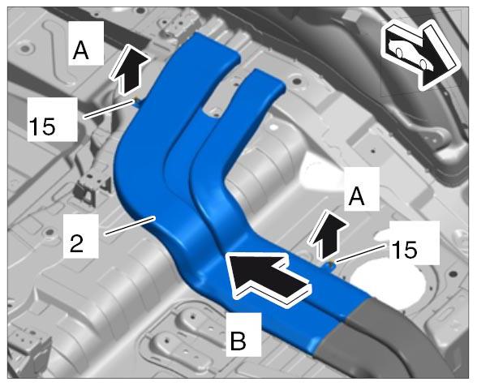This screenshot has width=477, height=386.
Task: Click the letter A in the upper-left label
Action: tap(81, 50)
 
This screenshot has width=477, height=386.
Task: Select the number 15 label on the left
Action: tap(42, 127)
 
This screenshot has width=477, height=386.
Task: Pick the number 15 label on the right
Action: tap(405, 250)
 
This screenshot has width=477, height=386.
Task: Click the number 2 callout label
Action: tap(76, 243)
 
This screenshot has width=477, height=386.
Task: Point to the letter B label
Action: tap(238, 341)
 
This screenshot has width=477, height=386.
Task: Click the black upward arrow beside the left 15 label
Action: tap(129, 69)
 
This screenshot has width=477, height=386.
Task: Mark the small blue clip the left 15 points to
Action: tap(138, 102)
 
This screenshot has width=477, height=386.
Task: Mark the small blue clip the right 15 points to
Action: tap(331, 265)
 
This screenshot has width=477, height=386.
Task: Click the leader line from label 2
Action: tap(130, 225)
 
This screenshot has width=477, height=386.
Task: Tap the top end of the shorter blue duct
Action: tap(268, 79)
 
